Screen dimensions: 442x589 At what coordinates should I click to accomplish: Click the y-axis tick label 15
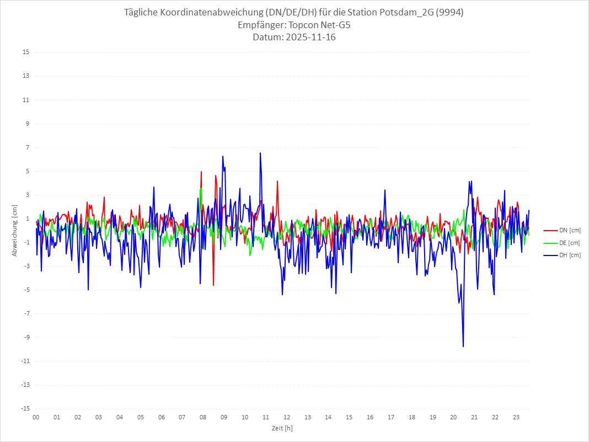pyautogui.click(x=26, y=52)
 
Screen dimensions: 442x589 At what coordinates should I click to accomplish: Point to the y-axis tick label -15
pyautogui.click(x=25, y=408)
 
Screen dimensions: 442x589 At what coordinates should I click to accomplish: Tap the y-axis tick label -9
pyautogui.click(x=26, y=337)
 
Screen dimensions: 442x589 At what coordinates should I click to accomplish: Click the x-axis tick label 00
pyautogui.click(x=36, y=417)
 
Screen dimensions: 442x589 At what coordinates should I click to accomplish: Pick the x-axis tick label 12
pyautogui.click(x=287, y=417)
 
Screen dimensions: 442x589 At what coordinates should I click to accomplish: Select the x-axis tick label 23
pyautogui.click(x=516, y=417)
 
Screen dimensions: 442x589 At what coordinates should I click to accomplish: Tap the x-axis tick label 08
pyautogui.click(x=203, y=417)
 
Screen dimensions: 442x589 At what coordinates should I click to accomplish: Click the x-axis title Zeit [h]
pyautogui.click(x=282, y=428)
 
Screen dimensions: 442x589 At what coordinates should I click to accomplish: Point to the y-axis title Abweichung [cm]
pyautogui.click(x=15, y=230)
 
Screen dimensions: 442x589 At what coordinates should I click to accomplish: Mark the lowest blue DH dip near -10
pyautogui.click(x=463, y=347)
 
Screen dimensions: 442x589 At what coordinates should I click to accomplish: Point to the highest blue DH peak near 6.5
pyautogui.click(x=260, y=153)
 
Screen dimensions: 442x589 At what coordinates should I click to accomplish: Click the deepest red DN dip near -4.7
pyautogui.click(x=213, y=285)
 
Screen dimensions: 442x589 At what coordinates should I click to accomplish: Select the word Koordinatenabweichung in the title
pyautogui.click(x=217, y=13)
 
